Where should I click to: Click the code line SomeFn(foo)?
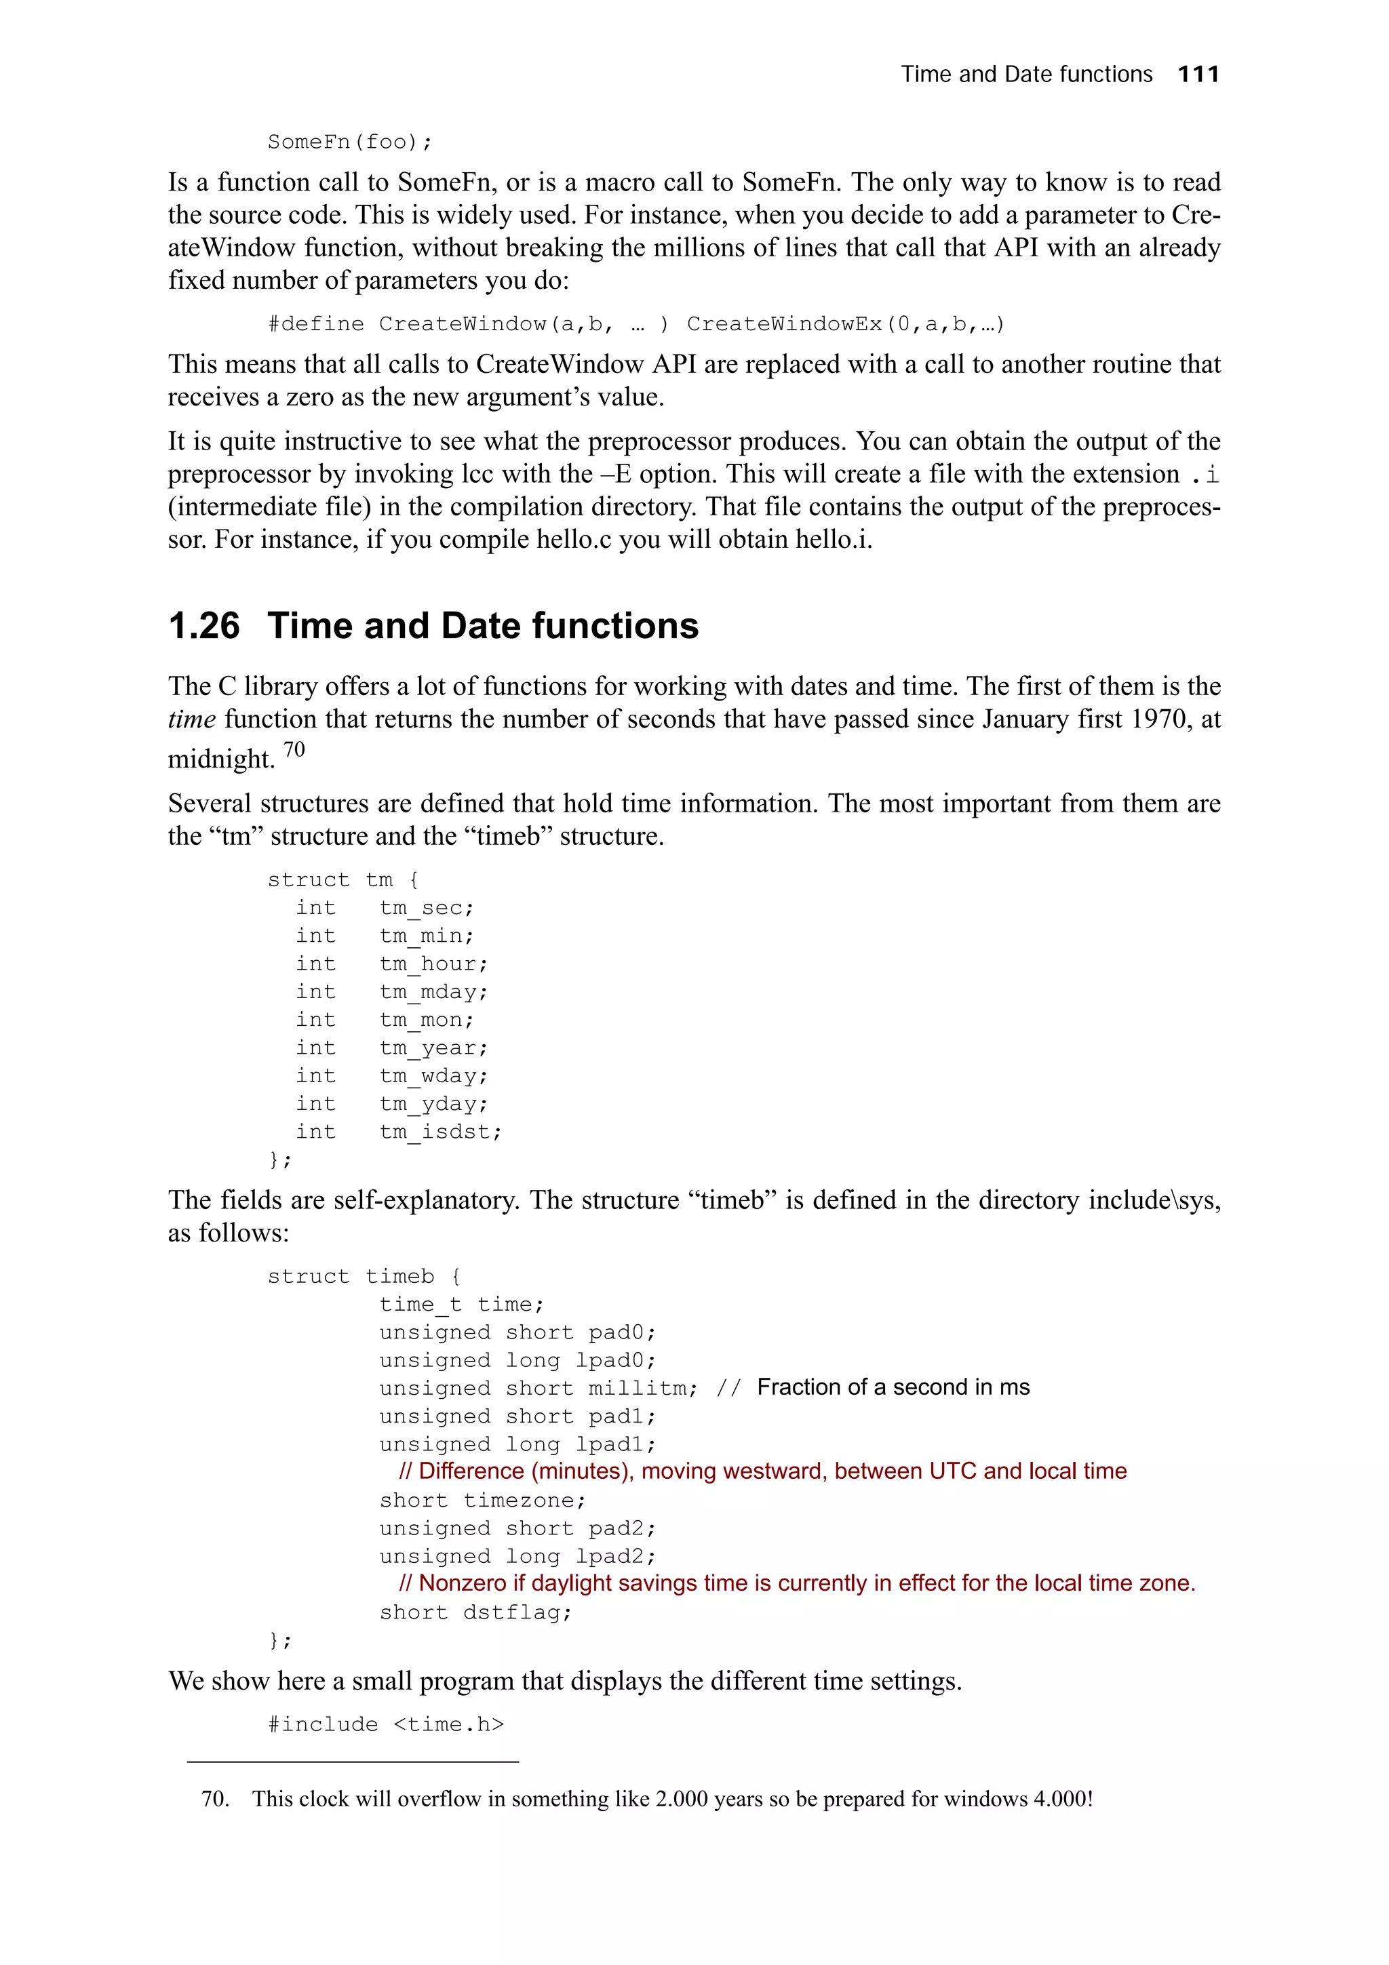tap(350, 142)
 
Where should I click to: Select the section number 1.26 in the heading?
tap(203, 626)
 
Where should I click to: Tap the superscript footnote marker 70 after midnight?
tap(294, 751)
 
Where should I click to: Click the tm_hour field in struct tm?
tap(433, 964)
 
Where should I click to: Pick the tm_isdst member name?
tap(440, 1132)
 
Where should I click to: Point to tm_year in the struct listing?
tap(433, 1048)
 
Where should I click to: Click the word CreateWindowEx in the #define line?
tap(784, 323)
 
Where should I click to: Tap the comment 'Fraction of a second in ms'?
tap(893, 1387)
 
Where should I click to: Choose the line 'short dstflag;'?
tap(475, 1612)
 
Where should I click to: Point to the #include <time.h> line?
tap(386, 1724)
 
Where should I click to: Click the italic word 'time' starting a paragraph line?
tap(192, 719)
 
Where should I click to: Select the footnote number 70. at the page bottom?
tap(215, 1798)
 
